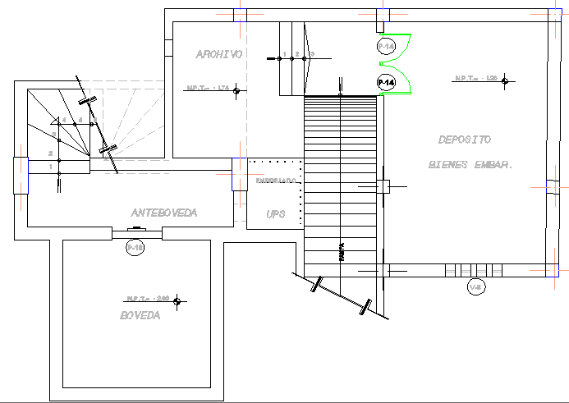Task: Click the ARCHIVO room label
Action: [218, 54]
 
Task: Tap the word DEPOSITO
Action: [464, 140]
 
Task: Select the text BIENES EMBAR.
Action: [470, 164]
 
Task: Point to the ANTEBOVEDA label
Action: [164, 213]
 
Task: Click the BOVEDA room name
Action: [140, 316]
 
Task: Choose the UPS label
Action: [275, 213]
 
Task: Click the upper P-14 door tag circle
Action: [386, 47]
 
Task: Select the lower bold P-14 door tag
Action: [386, 82]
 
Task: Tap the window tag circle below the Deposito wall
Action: [475, 287]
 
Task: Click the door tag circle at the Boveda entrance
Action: [135, 246]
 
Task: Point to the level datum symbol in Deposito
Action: [507, 80]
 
